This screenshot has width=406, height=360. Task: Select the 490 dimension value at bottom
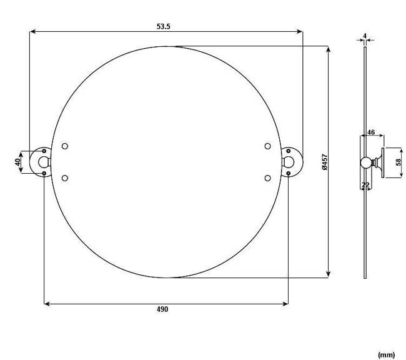click(163, 309)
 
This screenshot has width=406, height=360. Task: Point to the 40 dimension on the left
click(19, 162)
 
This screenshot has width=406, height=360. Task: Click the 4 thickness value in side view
click(365, 35)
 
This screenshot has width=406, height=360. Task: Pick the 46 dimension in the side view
click(371, 132)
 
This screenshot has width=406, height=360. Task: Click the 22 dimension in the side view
click(366, 185)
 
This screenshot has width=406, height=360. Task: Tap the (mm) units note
click(387, 354)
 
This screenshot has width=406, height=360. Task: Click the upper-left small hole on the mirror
click(65, 146)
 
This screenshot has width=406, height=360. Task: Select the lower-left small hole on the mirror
click(65, 178)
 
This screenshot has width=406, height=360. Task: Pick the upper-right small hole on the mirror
click(267, 146)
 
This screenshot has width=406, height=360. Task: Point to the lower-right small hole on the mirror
click(267, 178)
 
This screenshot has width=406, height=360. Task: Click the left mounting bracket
click(42, 162)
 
